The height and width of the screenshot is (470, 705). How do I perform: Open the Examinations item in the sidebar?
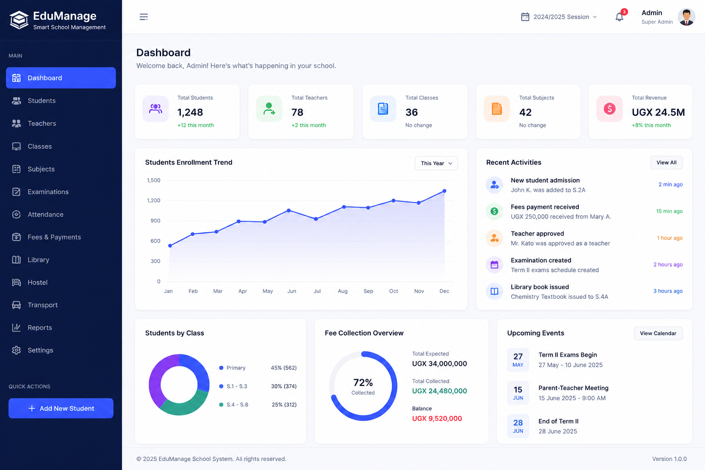[48, 192]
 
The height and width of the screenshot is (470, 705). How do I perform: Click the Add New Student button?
[61, 408]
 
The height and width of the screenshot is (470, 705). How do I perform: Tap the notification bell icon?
[619, 17]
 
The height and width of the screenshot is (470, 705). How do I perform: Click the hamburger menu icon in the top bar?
[144, 17]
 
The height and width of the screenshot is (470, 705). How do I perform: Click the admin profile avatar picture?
[686, 17]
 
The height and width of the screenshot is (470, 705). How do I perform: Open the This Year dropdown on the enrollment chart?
[436, 163]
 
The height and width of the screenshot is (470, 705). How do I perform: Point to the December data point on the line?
[444, 191]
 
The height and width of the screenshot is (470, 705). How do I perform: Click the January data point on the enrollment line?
[170, 246]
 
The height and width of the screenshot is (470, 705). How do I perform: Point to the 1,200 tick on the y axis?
[154, 200]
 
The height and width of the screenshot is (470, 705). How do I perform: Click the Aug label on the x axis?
[342, 291]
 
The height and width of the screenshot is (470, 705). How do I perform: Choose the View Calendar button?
[658, 333]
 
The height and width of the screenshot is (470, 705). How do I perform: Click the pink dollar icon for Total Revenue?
[610, 109]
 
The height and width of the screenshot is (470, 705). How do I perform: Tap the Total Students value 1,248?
[190, 112]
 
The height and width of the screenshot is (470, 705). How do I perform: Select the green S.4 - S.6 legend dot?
[221, 404]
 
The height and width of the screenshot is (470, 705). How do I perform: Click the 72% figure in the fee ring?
[363, 382]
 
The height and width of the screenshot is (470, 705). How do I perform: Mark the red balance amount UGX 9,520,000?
[437, 419]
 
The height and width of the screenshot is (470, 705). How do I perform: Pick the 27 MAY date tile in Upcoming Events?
[518, 360]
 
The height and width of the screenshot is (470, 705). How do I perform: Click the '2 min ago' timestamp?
[671, 185]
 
